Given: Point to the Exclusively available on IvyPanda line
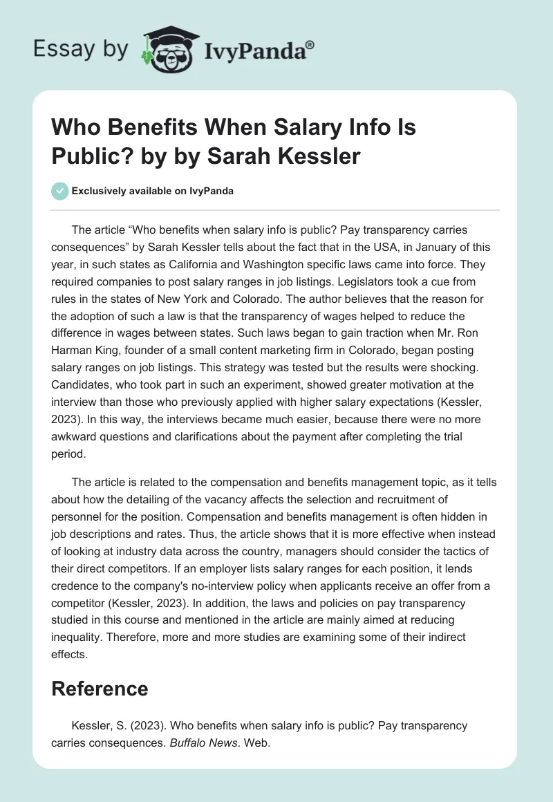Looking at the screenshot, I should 151,191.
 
